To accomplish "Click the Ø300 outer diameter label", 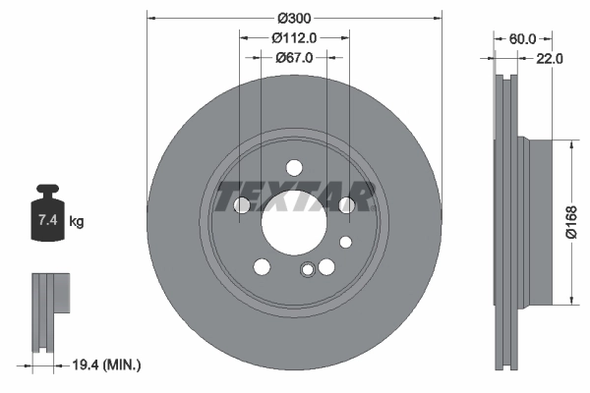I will tap(294, 18).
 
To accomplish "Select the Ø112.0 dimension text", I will tap(294, 37).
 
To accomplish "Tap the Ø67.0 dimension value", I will tap(294, 58).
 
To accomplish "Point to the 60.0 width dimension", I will tap(522, 38).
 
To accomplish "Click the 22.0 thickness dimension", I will tap(550, 59).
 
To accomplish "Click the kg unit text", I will tap(77, 222).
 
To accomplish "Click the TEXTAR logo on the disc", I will tap(294, 196).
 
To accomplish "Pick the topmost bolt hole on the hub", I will tap(294, 167).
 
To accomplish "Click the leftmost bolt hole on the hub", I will tap(242, 205).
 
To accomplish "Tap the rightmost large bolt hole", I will tap(346, 204).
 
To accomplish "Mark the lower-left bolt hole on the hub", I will tap(262, 266).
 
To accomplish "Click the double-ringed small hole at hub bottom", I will tap(309, 272).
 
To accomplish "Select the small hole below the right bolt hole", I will tap(345, 242).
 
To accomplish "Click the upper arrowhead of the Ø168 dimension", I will tap(570, 143).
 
